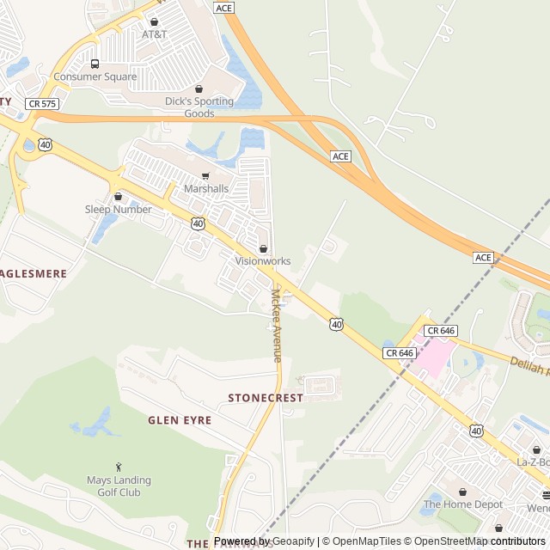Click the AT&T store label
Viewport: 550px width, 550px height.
155,34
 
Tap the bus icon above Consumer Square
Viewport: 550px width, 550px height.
95,64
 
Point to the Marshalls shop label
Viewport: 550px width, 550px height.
206,189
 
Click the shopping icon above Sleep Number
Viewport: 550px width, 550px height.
118,197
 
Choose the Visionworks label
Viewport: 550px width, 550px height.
263,261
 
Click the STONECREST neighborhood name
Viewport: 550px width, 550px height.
266,399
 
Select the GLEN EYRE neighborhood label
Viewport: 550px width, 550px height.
180,420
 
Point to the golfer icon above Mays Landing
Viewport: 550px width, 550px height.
119,467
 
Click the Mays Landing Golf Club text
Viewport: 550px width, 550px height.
119,486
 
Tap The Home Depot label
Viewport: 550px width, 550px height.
462,504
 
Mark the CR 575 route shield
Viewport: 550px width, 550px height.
41,103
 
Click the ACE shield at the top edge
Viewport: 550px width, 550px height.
224,8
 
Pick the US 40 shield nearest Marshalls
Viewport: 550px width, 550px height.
199,223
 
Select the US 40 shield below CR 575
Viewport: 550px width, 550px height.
45,144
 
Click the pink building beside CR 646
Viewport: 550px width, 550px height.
429,353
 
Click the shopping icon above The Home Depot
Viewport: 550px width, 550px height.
463,492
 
